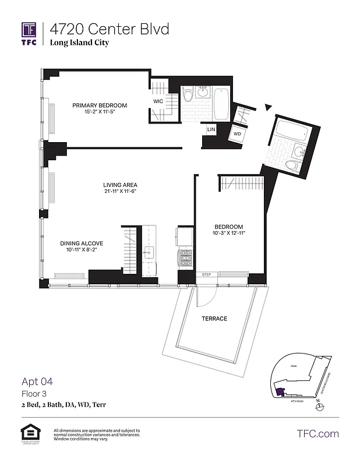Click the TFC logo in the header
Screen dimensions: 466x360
point(29,33)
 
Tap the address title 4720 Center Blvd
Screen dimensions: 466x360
point(109,29)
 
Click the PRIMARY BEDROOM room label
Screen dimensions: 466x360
point(100,105)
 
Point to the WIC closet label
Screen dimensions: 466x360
point(158,101)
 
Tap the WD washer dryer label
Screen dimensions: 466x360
point(237,134)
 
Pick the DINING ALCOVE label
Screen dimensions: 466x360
point(82,243)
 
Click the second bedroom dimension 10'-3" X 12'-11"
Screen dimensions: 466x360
point(228,234)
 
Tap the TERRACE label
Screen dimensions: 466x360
point(214,319)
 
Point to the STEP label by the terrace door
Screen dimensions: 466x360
point(206,274)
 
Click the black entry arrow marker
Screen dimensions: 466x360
point(268,107)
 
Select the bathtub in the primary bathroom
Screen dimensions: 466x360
point(222,103)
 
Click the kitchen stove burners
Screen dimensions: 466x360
point(185,257)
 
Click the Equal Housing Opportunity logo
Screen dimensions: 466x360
point(28,433)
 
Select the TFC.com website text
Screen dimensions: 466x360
point(317,433)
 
